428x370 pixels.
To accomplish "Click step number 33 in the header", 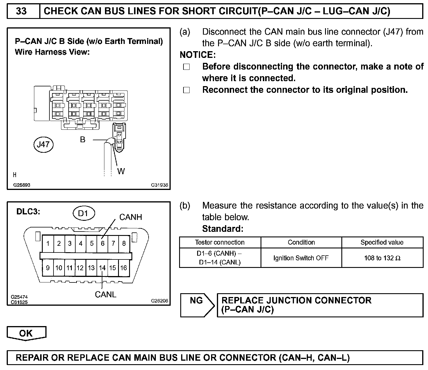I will click(22, 11).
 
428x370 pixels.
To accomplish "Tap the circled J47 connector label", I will click(43, 144).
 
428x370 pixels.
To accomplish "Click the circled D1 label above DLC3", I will click(83, 213).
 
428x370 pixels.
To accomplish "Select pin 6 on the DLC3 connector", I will click(102, 243).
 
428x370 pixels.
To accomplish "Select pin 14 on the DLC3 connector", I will click(102, 268).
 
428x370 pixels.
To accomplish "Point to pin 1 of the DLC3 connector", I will click(48, 243).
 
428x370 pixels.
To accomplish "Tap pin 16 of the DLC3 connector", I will click(124, 268).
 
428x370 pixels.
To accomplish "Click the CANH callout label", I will click(131, 217).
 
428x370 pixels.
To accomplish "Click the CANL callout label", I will click(106, 294).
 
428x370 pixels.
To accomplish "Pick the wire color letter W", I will click(121, 171).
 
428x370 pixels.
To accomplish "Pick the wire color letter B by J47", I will click(83, 140).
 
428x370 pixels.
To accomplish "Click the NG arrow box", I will click(197, 305).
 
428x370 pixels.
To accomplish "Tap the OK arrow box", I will click(26, 333).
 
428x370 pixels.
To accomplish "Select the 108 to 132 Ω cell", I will click(382, 258).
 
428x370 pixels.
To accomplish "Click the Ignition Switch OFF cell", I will click(301, 258).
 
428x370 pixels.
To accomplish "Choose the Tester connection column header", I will click(220, 242).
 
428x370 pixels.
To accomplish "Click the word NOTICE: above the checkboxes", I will click(198, 55).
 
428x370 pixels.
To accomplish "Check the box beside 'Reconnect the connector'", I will click(186, 90).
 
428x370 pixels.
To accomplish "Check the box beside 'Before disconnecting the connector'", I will click(186, 67).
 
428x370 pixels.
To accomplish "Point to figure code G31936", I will click(159, 185).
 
